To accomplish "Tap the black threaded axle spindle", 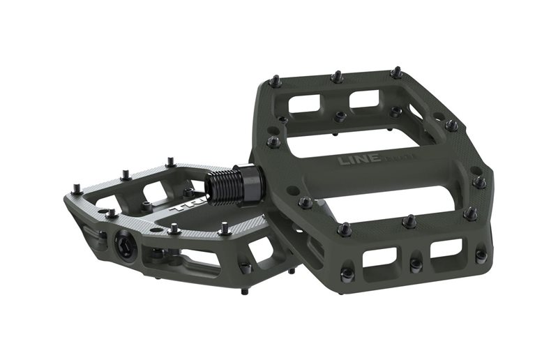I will pos(226,187).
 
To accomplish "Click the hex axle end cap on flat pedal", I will pos(126,246).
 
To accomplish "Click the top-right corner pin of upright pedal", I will pos(396,72).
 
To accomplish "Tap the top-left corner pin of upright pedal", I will pos(274,81).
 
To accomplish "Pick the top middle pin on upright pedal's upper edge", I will pos(336,76).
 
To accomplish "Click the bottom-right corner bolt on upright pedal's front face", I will pos(481,256).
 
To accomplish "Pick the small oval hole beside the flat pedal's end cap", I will pos(103,235).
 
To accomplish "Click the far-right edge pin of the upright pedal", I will pos(480,181).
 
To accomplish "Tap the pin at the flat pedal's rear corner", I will pos(170,163).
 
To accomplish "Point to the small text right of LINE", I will pos(400,159).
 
